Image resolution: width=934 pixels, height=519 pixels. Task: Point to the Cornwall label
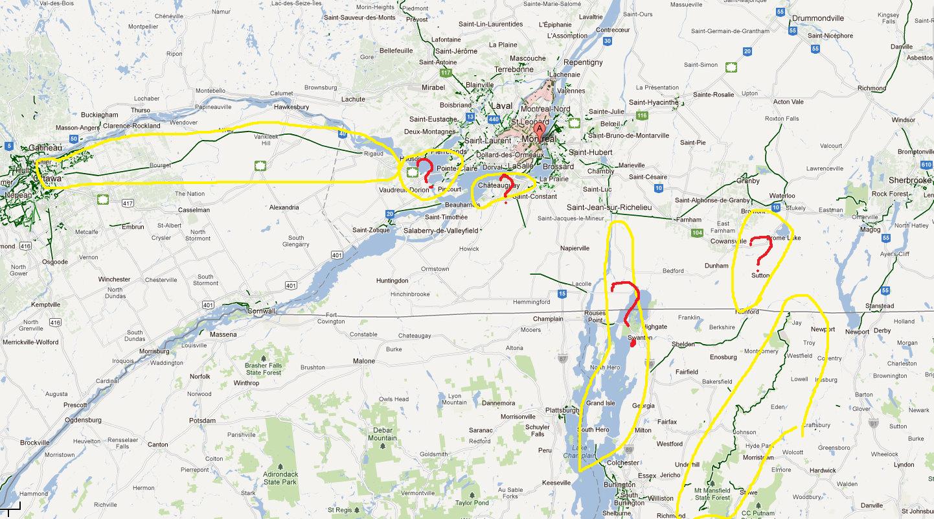coord(261,311)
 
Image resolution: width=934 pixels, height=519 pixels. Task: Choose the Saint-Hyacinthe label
coord(654,102)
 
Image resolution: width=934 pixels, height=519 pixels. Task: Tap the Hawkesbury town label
coord(291,107)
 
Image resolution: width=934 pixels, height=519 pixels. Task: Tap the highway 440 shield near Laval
coord(494,119)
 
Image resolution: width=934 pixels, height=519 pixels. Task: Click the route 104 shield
coord(697,232)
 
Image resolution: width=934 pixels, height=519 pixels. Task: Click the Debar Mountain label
coord(382,434)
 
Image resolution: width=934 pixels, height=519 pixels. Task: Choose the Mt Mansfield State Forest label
coord(712,494)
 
